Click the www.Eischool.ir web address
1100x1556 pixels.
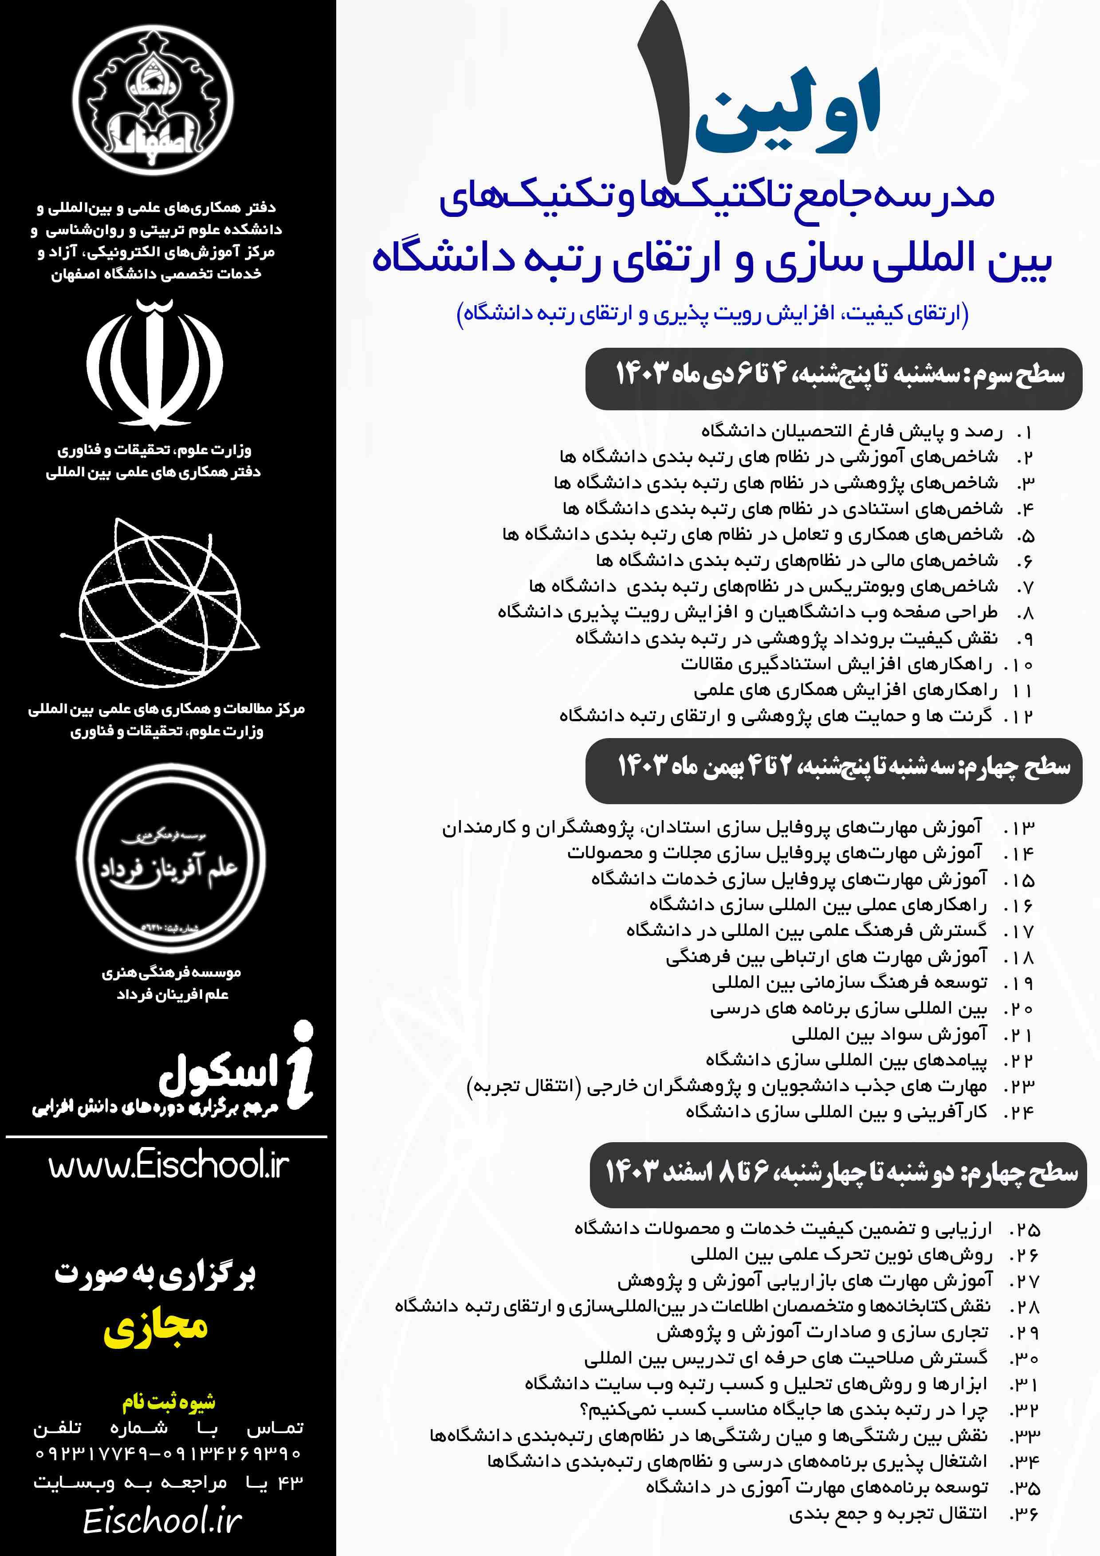coord(168,1166)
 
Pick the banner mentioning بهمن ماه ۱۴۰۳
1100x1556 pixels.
coord(833,769)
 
